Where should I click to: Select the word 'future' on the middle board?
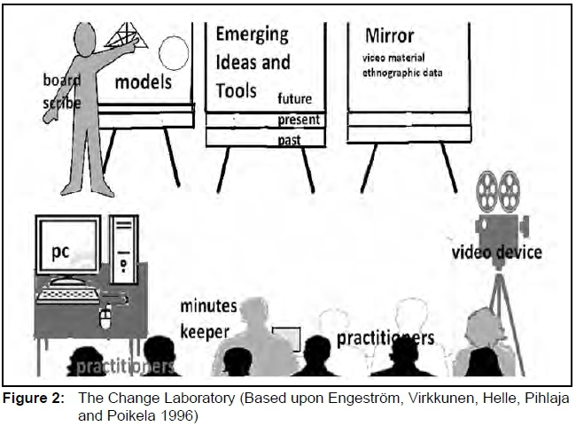tap(294, 98)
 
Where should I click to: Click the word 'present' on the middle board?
tap(299, 120)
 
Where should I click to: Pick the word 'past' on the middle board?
tap(289, 139)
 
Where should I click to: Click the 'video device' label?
tap(497, 252)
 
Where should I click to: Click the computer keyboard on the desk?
tap(68, 295)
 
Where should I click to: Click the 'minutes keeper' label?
tap(209, 318)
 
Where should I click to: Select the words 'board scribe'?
tap(62, 91)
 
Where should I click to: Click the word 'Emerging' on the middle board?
tap(252, 35)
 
